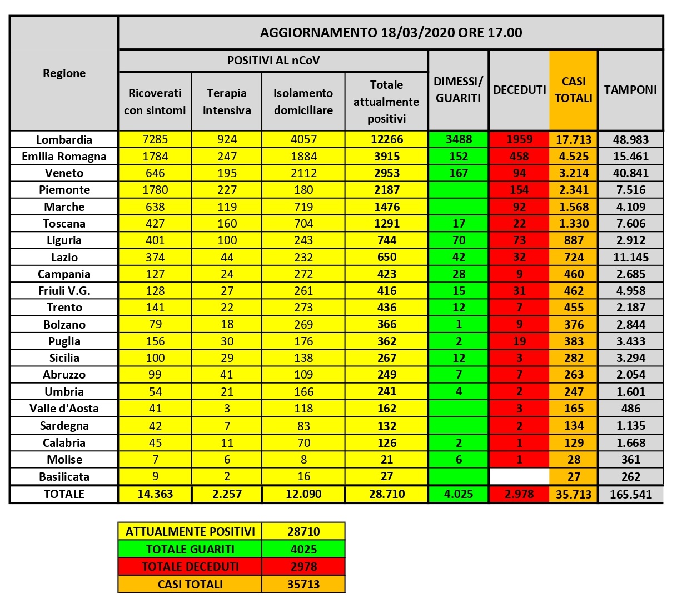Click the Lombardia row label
[64, 139]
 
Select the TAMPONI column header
[630, 89]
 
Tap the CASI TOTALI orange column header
[573, 89]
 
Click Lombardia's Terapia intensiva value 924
[227, 139]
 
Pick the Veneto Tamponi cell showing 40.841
[630, 173]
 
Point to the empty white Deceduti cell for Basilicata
[519, 476]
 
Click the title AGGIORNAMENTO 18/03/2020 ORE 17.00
[390, 32]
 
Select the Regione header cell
[64, 73]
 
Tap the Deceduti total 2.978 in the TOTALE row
[519, 494]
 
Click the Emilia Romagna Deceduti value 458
[519, 157]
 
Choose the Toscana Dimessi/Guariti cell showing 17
[459, 224]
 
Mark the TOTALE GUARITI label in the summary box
[190, 549]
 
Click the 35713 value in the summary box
[303, 584]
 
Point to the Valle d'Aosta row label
[64, 409]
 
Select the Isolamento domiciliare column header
[303, 102]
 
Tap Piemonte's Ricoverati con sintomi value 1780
[155, 190]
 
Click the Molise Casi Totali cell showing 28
[573, 460]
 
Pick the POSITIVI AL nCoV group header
[273, 61]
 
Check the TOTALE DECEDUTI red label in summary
[190, 567]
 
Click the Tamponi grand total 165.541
[630, 494]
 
